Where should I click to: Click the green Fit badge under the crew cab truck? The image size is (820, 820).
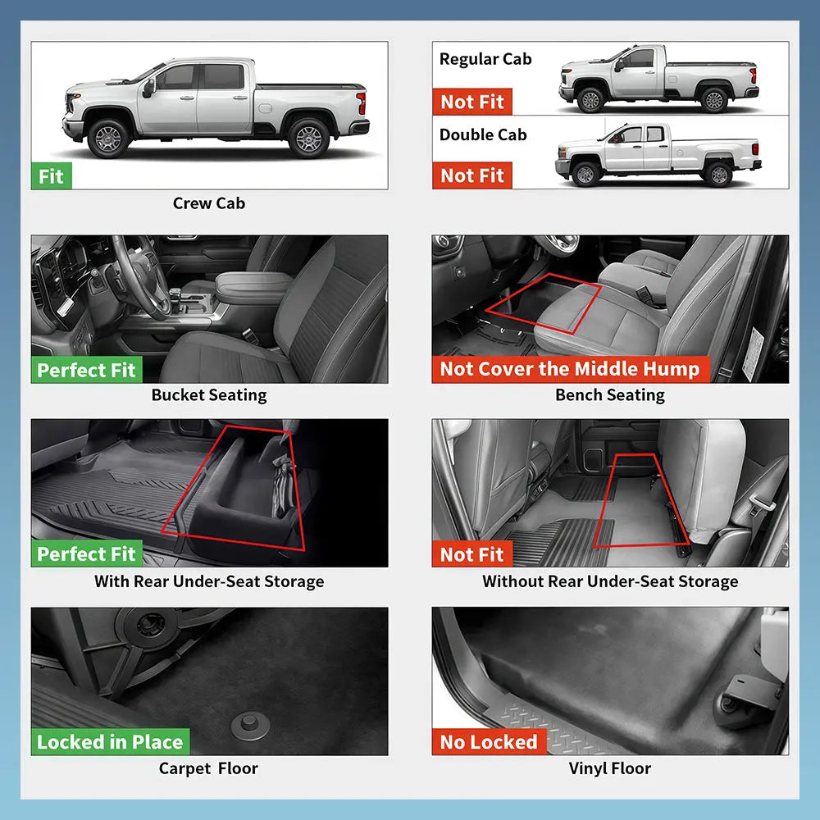click(x=51, y=176)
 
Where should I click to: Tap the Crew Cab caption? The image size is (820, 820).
click(x=208, y=203)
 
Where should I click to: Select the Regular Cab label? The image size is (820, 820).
click(x=485, y=59)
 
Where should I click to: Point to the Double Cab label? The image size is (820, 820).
click(x=483, y=134)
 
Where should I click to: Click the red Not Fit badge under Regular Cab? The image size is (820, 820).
click(x=471, y=102)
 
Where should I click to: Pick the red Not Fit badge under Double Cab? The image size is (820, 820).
click(x=471, y=175)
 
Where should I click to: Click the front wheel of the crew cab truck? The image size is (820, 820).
click(x=108, y=139)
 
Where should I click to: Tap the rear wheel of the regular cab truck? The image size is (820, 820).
click(x=714, y=100)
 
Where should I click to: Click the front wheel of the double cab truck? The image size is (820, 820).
click(x=585, y=174)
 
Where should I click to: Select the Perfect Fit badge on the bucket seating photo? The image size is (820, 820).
click(x=86, y=370)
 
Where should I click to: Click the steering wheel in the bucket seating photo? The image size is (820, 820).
click(x=139, y=277)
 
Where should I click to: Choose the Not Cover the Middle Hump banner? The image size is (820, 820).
click(x=571, y=369)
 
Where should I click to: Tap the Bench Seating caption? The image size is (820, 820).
click(x=610, y=395)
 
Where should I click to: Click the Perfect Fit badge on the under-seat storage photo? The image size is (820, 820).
click(x=86, y=553)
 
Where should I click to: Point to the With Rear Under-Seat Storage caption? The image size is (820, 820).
click(x=209, y=581)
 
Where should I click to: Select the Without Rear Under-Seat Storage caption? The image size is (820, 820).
click(x=610, y=581)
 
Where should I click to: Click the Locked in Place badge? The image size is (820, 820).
click(x=110, y=741)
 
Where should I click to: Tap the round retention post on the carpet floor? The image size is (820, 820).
click(x=250, y=726)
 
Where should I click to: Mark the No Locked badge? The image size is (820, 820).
click(x=489, y=741)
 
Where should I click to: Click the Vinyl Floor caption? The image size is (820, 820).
click(x=610, y=768)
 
